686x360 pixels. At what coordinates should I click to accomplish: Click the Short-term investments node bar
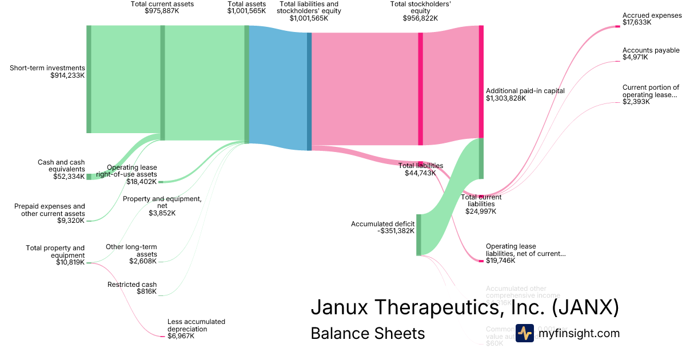click(89, 79)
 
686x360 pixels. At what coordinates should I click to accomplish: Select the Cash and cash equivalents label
click(61, 166)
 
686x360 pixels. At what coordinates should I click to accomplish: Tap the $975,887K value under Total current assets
click(162, 11)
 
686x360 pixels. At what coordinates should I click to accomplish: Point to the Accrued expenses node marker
click(617, 26)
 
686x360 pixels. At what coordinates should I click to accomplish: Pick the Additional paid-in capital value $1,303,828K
click(506, 98)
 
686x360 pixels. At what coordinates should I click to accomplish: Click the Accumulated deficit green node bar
click(418, 234)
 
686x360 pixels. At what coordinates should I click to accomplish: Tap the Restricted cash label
click(132, 285)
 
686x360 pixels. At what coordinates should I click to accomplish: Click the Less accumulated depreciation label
click(196, 325)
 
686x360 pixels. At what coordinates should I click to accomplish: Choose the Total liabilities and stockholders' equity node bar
click(309, 91)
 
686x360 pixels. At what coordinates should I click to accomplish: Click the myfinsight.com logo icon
click(524, 333)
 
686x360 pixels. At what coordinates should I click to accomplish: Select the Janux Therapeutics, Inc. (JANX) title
click(465, 307)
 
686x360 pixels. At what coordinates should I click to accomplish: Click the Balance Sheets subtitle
click(368, 333)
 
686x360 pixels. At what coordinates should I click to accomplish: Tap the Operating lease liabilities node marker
click(481, 261)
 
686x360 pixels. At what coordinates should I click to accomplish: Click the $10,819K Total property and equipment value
click(69, 262)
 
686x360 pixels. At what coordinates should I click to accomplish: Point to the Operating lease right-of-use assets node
click(161, 182)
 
